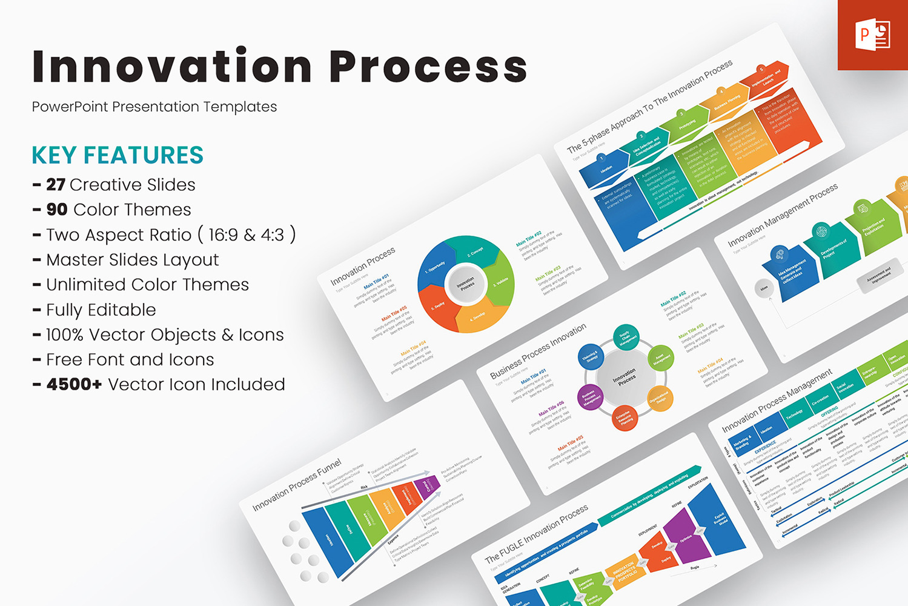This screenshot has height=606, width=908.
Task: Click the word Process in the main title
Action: point(429,66)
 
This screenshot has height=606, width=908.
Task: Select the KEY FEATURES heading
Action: point(118,155)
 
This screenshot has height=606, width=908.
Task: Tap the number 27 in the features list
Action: point(56,185)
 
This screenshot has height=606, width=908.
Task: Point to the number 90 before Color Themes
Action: point(57,210)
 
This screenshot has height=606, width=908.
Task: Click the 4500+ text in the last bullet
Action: point(74,385)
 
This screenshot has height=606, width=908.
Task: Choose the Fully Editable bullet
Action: point(101,310)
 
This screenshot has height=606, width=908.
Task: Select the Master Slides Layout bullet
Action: point(132,260)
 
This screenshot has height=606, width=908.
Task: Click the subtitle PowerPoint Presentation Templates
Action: point(154,107)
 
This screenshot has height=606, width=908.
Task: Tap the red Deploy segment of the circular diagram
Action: point(436,306)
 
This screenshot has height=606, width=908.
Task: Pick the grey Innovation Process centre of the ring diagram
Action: point(466,284)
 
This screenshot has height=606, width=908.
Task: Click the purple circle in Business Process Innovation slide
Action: point(590,397)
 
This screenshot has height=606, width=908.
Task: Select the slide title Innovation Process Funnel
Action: point(297,485)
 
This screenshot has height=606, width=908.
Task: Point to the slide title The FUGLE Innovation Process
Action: point(536,534)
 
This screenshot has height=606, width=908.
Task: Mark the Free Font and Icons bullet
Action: point(130,360)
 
